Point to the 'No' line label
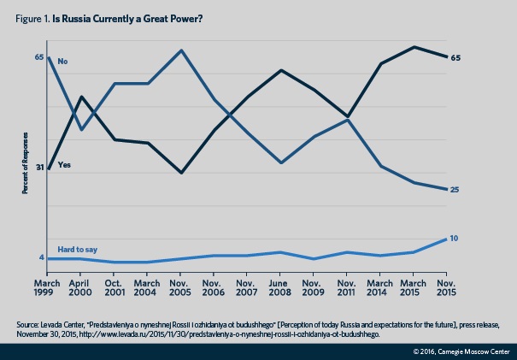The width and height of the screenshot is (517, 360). click(62, 62)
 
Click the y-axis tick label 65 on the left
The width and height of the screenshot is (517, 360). click(38, 57)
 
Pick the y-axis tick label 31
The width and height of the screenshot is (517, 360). click(38, 168)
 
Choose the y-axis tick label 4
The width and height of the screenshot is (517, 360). click(41, 257)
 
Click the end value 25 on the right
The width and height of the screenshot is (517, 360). click(455, 189)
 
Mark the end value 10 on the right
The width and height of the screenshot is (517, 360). click(455, 238)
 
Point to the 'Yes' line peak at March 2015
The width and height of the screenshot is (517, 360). click(414, 47)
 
